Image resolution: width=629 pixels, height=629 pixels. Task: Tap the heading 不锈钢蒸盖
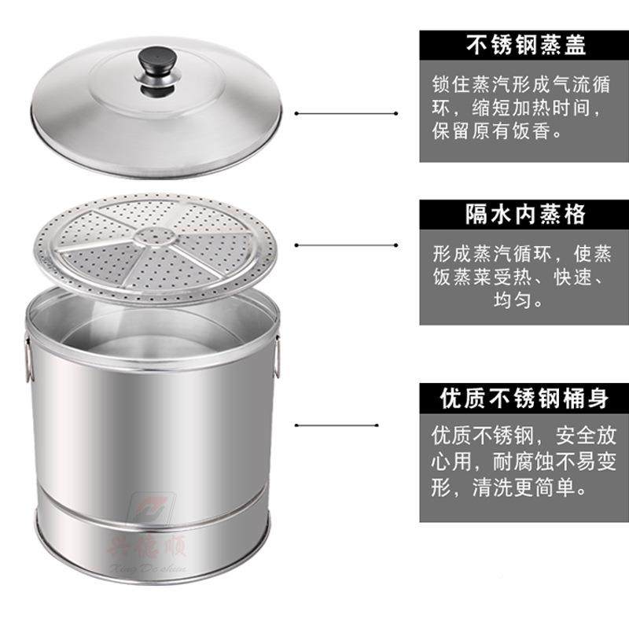pos(525,46)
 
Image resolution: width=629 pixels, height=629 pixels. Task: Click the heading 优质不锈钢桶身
pos(525,399)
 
